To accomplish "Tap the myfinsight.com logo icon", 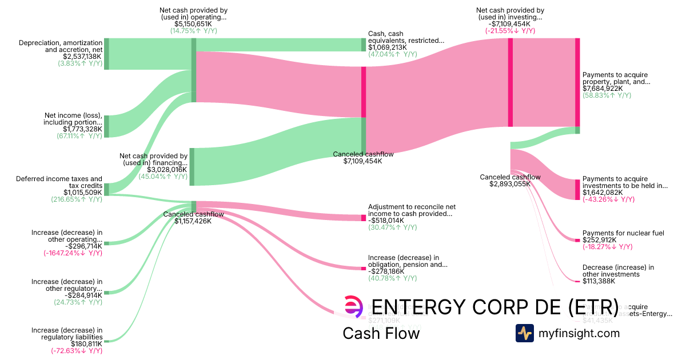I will (x=525, y=333).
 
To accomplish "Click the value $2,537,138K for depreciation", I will (x=82, y=57).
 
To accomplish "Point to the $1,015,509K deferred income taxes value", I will (x=83, y=193).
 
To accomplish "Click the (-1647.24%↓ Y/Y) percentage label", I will (x=73, y=253).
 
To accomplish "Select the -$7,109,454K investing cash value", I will (x=510, y=24).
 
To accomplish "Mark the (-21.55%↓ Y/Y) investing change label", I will (x=510, y=31).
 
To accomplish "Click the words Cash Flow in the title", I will (x=381, y=334).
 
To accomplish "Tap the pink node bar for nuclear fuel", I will (x=577, y=240).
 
